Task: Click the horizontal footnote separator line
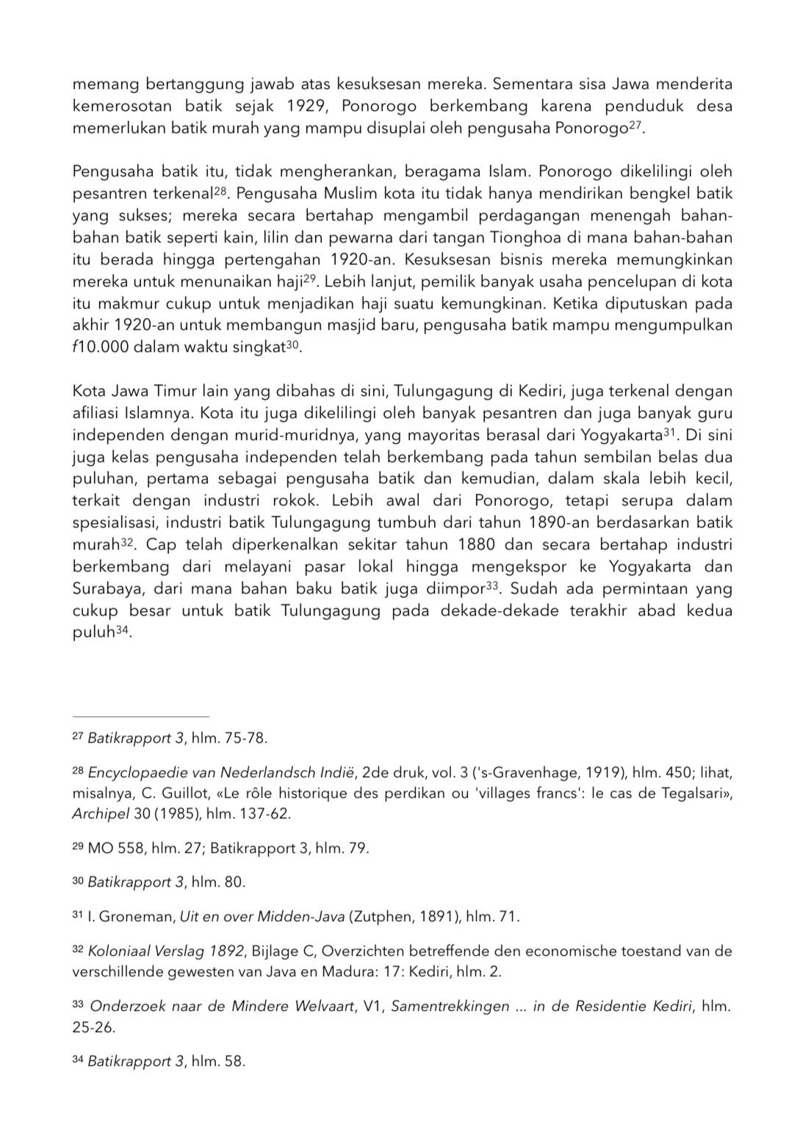(x=140, y=716)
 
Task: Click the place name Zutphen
(x=382, y=917)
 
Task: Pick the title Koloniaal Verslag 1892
(x=165, y=951)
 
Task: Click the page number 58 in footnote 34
(x=234, y=1061)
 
